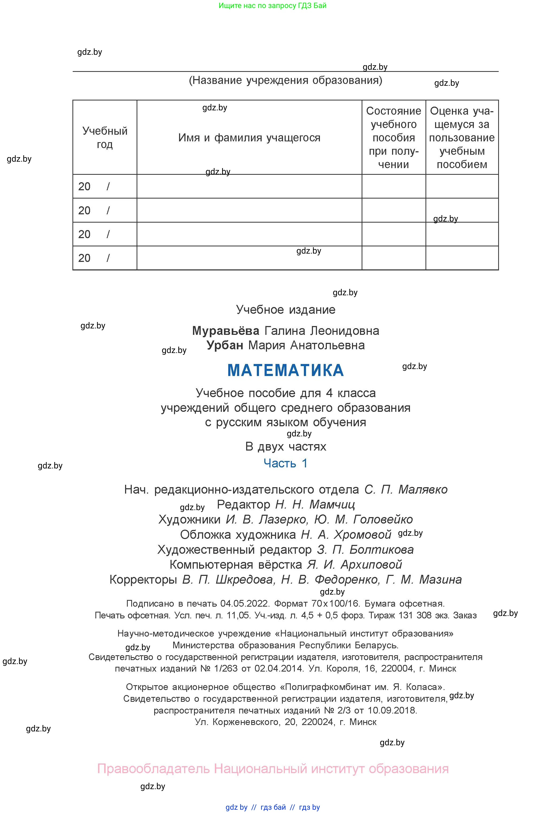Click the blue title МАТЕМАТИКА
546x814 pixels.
285,370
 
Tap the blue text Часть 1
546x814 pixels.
285,463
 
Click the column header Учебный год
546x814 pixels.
104,138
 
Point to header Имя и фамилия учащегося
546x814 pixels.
249,138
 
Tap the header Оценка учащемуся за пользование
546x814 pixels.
462,138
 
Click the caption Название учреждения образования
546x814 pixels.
285,80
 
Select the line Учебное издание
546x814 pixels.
285,309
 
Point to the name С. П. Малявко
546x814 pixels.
406,490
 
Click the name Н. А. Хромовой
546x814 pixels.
346,534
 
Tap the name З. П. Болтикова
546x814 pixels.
365,549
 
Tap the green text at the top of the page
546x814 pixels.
272,6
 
